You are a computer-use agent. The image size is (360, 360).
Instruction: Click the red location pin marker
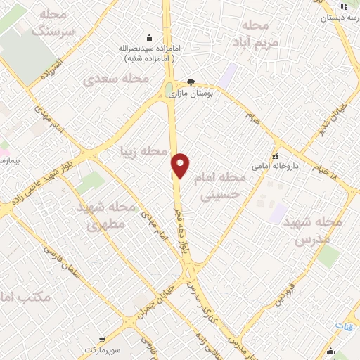click(x=181, y=165)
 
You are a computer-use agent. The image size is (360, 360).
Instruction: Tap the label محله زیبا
click(x=144, y=151)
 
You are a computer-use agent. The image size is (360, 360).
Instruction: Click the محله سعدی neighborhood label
click(x=117, y=78)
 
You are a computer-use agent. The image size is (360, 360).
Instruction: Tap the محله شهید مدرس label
click(x=313, y=230)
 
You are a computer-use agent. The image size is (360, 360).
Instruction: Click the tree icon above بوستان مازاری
click(x=191, y=82)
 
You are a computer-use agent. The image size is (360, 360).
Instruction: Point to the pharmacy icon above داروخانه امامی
click(x=276, y=156)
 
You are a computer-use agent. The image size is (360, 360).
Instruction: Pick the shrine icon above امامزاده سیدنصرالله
click(x=148, y=37)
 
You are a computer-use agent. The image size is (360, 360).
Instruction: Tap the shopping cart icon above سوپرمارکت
click(x=103, y=339)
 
